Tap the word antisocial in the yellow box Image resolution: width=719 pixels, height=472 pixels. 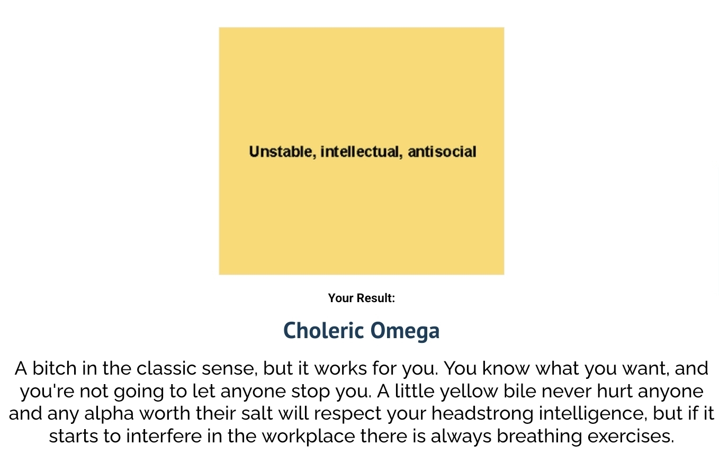tap(442, 152)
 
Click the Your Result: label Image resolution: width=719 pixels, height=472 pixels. tap(362, 298)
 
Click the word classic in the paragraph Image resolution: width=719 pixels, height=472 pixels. tap(166, 368)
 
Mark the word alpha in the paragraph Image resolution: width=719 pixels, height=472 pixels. tap(109, 414)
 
